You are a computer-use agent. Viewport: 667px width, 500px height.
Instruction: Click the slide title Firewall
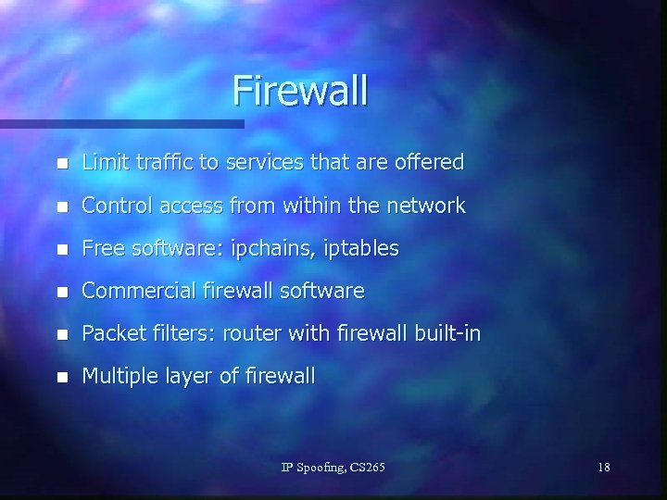point(299,91)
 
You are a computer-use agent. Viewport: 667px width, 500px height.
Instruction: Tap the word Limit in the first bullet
point(101,162)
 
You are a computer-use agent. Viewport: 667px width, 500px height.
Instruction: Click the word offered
point(428,162)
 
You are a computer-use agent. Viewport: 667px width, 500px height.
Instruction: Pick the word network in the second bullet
point(425,206)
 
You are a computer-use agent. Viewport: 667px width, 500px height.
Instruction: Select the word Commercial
point(138,291)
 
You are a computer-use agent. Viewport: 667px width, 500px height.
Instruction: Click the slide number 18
point(604,468)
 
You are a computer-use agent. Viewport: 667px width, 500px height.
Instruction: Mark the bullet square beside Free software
point(61,249)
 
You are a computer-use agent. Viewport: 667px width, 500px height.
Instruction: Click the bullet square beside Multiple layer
point(61,377)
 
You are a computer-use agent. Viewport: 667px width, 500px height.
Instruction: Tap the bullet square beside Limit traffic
point(61,164)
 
